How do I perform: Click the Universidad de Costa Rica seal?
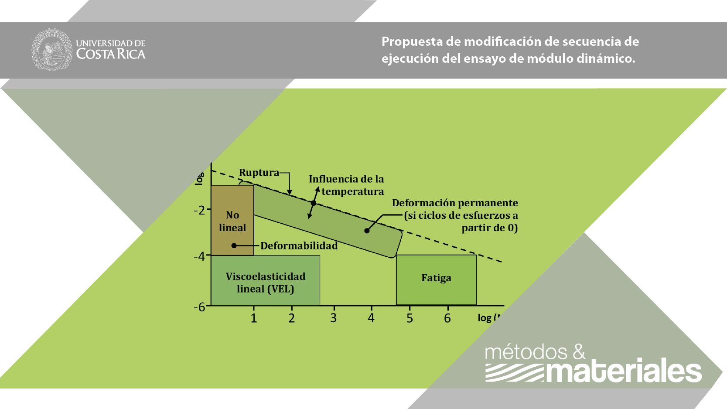click(52, 49)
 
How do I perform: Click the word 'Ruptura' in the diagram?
click(259, 173)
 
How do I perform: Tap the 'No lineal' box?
click(232, 221)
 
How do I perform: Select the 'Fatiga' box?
click(436, 279)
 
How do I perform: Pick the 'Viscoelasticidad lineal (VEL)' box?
click(265, 281)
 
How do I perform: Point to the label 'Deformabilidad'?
click(299, 246)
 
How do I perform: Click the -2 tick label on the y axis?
click(199, 210)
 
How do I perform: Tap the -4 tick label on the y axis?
click(199, 256)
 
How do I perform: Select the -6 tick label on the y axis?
click(199, 307)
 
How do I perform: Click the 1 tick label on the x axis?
click(254, 318)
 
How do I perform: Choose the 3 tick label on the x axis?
click(334, 318)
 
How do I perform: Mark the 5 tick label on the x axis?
click(410, 318)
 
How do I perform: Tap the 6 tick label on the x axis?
click(447, 318)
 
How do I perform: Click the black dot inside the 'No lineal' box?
click(234, 246)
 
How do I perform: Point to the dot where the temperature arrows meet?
click(314, 203)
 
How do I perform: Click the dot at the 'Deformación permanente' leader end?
click(367, 231)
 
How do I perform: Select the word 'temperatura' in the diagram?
click(353, 192)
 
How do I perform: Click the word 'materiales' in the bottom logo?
click(624, 371)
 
